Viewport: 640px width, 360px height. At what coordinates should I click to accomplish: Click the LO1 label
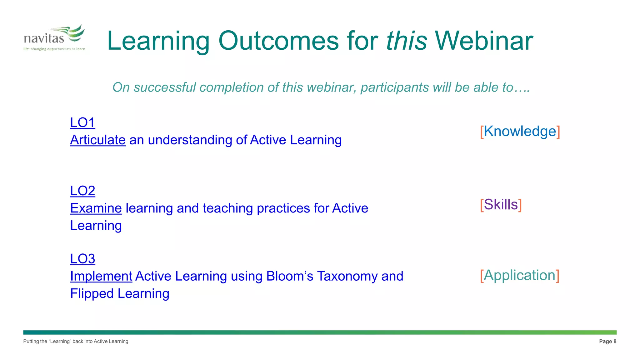[x=82, y=122]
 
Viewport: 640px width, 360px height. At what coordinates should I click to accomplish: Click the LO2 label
[x=82, y=191]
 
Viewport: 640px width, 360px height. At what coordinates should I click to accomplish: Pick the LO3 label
[x=82, y=259]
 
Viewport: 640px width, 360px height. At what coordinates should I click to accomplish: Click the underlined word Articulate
[x=98, y=140]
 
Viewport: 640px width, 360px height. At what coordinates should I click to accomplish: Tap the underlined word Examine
[x=96, y=208]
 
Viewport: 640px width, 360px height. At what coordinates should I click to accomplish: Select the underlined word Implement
[x=101, y=276]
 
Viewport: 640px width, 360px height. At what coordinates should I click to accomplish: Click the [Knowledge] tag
[x=520, y=131]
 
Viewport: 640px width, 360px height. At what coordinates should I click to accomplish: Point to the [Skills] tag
[x=501, y=205]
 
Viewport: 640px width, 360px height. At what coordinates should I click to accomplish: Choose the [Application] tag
[x=520, y=275]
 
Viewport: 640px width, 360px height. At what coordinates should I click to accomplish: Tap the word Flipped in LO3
[x=92, y=294]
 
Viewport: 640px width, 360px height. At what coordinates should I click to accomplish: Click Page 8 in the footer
[x=607, y=341]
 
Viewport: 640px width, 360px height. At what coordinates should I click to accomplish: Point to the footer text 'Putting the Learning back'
[x=76, y=341]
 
